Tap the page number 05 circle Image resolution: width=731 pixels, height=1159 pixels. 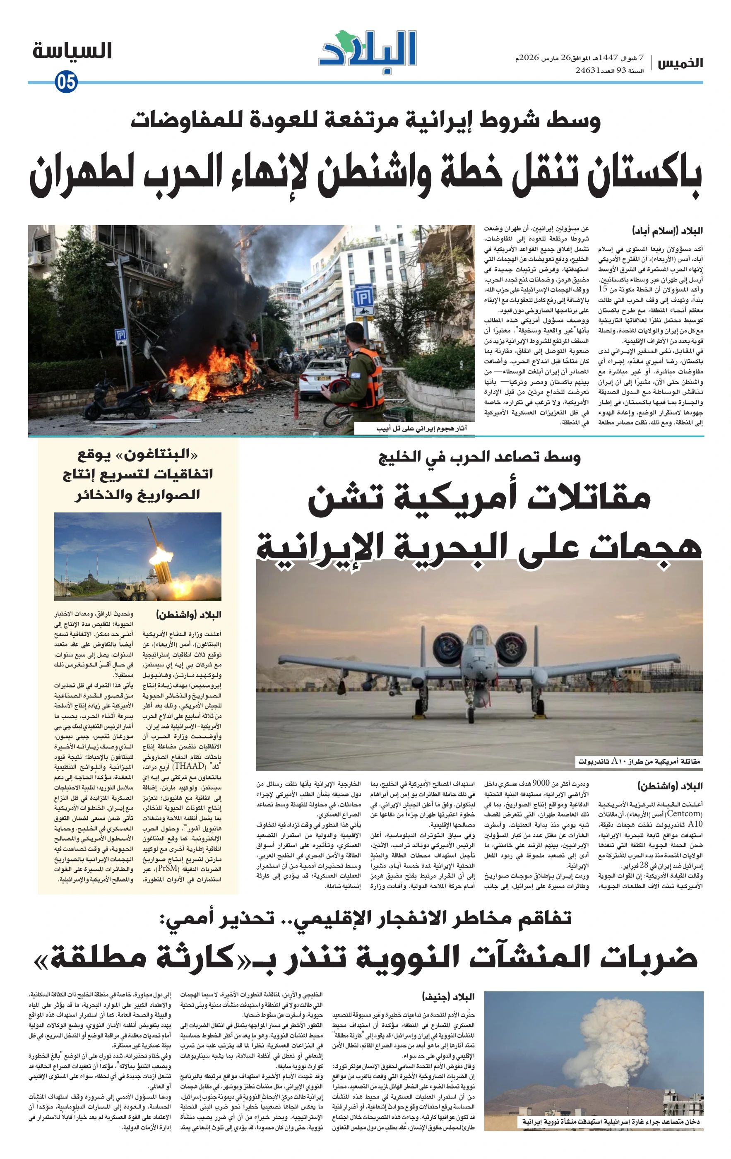(x=66, y=82)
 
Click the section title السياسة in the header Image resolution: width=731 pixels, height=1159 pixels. (x=72, y=51)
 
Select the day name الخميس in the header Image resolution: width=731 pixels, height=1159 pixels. (x=680, y=63)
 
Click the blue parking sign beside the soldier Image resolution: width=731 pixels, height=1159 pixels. (x=363, y=301)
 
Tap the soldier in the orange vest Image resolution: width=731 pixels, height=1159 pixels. (x=359, y=375)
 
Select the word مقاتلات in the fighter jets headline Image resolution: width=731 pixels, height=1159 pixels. (x=589, y=498)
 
